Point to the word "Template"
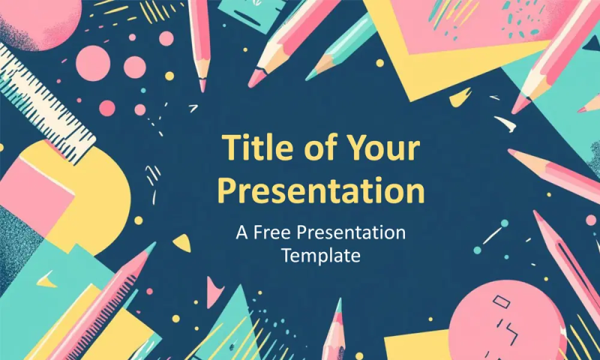[x=321, y=255]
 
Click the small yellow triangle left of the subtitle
[x=182, y=243]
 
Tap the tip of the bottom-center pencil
[x=340, y=301]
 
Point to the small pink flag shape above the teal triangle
[x=214, y=292]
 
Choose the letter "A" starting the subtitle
[x=243, y=232]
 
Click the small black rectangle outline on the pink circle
[x=501, y=301]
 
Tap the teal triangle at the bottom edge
[x=234, y=325]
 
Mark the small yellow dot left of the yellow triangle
[x=139, y=220]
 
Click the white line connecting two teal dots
[x=492, y=235]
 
